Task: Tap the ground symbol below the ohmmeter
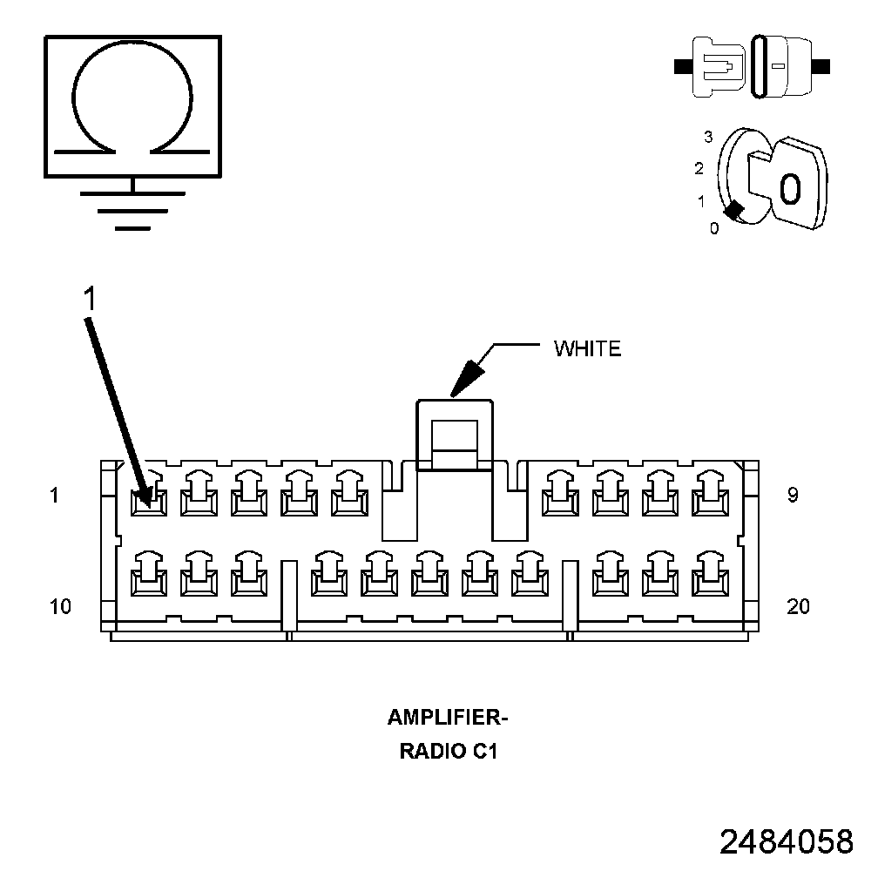point(132,209)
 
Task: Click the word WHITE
point(587,349)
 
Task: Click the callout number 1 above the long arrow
point(89,299)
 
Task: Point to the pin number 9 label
point(793,495)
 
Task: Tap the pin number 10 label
point(60,606)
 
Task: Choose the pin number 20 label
point(798,606)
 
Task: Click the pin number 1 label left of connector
point(55,495)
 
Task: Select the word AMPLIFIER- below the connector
point(447,719)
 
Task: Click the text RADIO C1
point(448,751)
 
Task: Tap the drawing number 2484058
point(786,842)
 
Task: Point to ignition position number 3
point(708,137)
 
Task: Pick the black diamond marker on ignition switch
point(734,211)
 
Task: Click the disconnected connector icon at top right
point(752,65)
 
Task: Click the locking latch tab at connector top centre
point(456,435)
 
